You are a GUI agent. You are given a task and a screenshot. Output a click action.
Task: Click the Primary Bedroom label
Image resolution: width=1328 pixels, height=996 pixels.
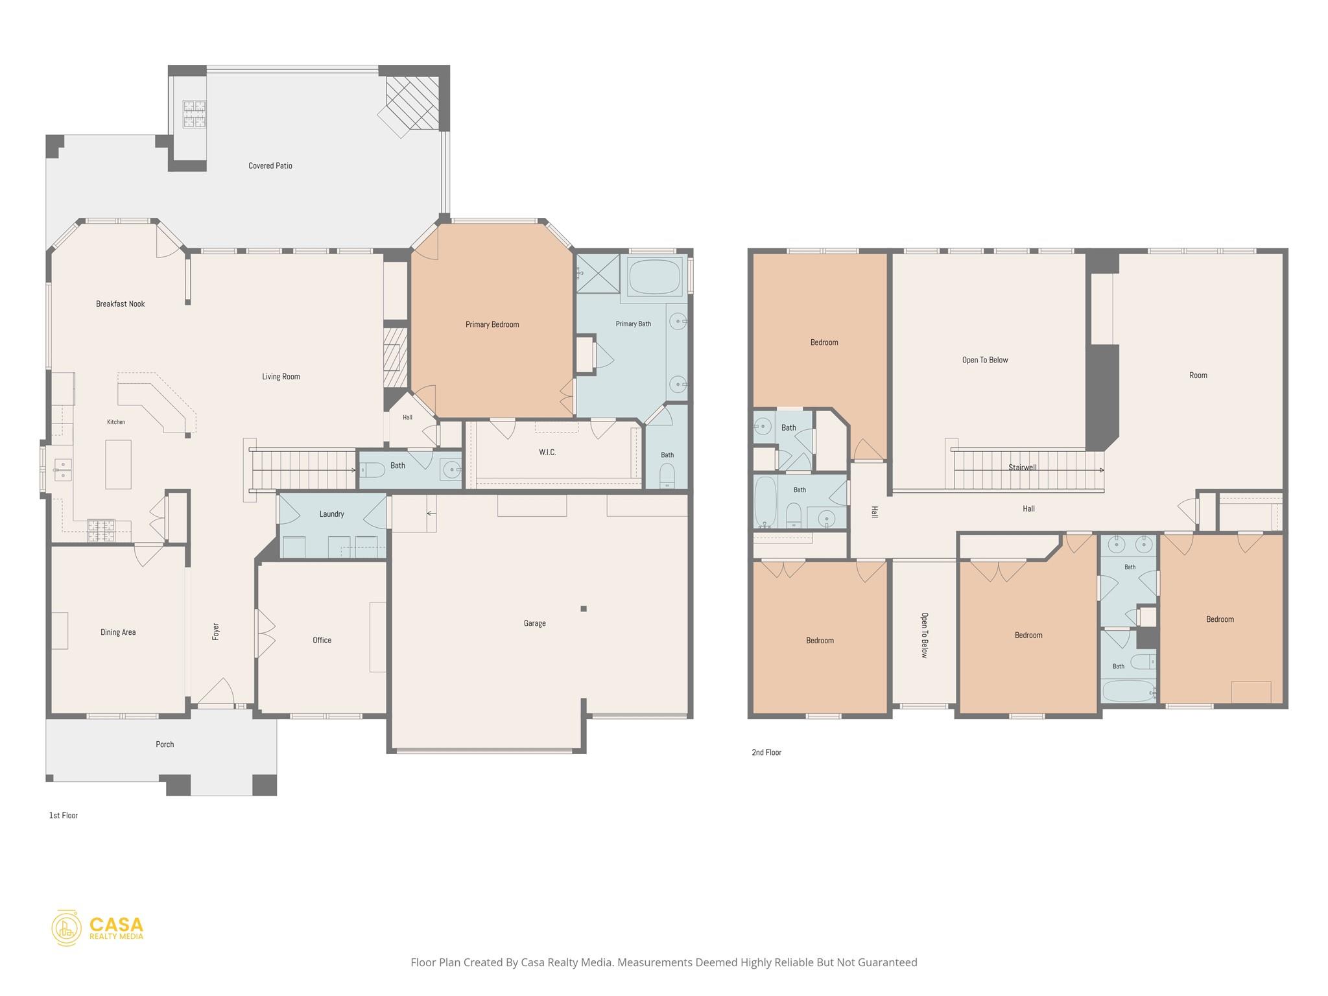click(492, 324)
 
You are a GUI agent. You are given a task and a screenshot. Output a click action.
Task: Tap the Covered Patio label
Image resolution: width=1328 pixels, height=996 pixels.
click(270, 166)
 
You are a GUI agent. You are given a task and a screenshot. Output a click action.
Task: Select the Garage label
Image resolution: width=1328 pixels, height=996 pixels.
click(535, 623)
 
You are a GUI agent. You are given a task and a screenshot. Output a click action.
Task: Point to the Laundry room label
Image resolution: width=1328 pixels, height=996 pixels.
click(331, 514)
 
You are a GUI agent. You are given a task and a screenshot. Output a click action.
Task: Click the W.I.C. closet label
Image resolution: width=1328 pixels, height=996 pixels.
click(547, 452)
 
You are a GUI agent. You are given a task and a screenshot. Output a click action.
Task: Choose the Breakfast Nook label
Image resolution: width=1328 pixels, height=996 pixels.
click(121, 303)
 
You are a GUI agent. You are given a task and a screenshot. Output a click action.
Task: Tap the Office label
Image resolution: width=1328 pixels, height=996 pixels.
click(322, 640)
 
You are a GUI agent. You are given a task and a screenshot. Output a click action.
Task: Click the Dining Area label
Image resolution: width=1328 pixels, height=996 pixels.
click(118, 632)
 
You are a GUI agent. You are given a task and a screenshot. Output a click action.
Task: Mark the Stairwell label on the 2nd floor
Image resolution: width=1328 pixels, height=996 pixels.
click(1023, 468)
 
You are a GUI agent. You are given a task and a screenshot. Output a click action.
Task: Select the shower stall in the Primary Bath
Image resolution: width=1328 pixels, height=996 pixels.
click(598, 274)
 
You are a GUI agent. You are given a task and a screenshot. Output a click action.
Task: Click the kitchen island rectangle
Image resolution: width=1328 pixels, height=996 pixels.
click(119, 464)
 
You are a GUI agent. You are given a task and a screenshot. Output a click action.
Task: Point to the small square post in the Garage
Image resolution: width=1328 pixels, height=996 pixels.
click(584, 609)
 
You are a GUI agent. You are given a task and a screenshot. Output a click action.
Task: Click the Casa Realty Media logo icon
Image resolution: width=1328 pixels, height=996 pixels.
click(67, 928)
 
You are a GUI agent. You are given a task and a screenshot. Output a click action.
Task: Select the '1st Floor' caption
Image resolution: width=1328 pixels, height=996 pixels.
click(64, 815)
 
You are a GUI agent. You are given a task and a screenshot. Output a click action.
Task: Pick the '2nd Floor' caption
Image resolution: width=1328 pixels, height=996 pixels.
click(766, 752)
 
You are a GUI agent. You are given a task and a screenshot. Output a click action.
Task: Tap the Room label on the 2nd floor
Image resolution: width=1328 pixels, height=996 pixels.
click(1198, 375)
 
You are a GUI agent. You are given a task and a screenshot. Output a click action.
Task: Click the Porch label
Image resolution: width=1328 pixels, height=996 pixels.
click(165, 744)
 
